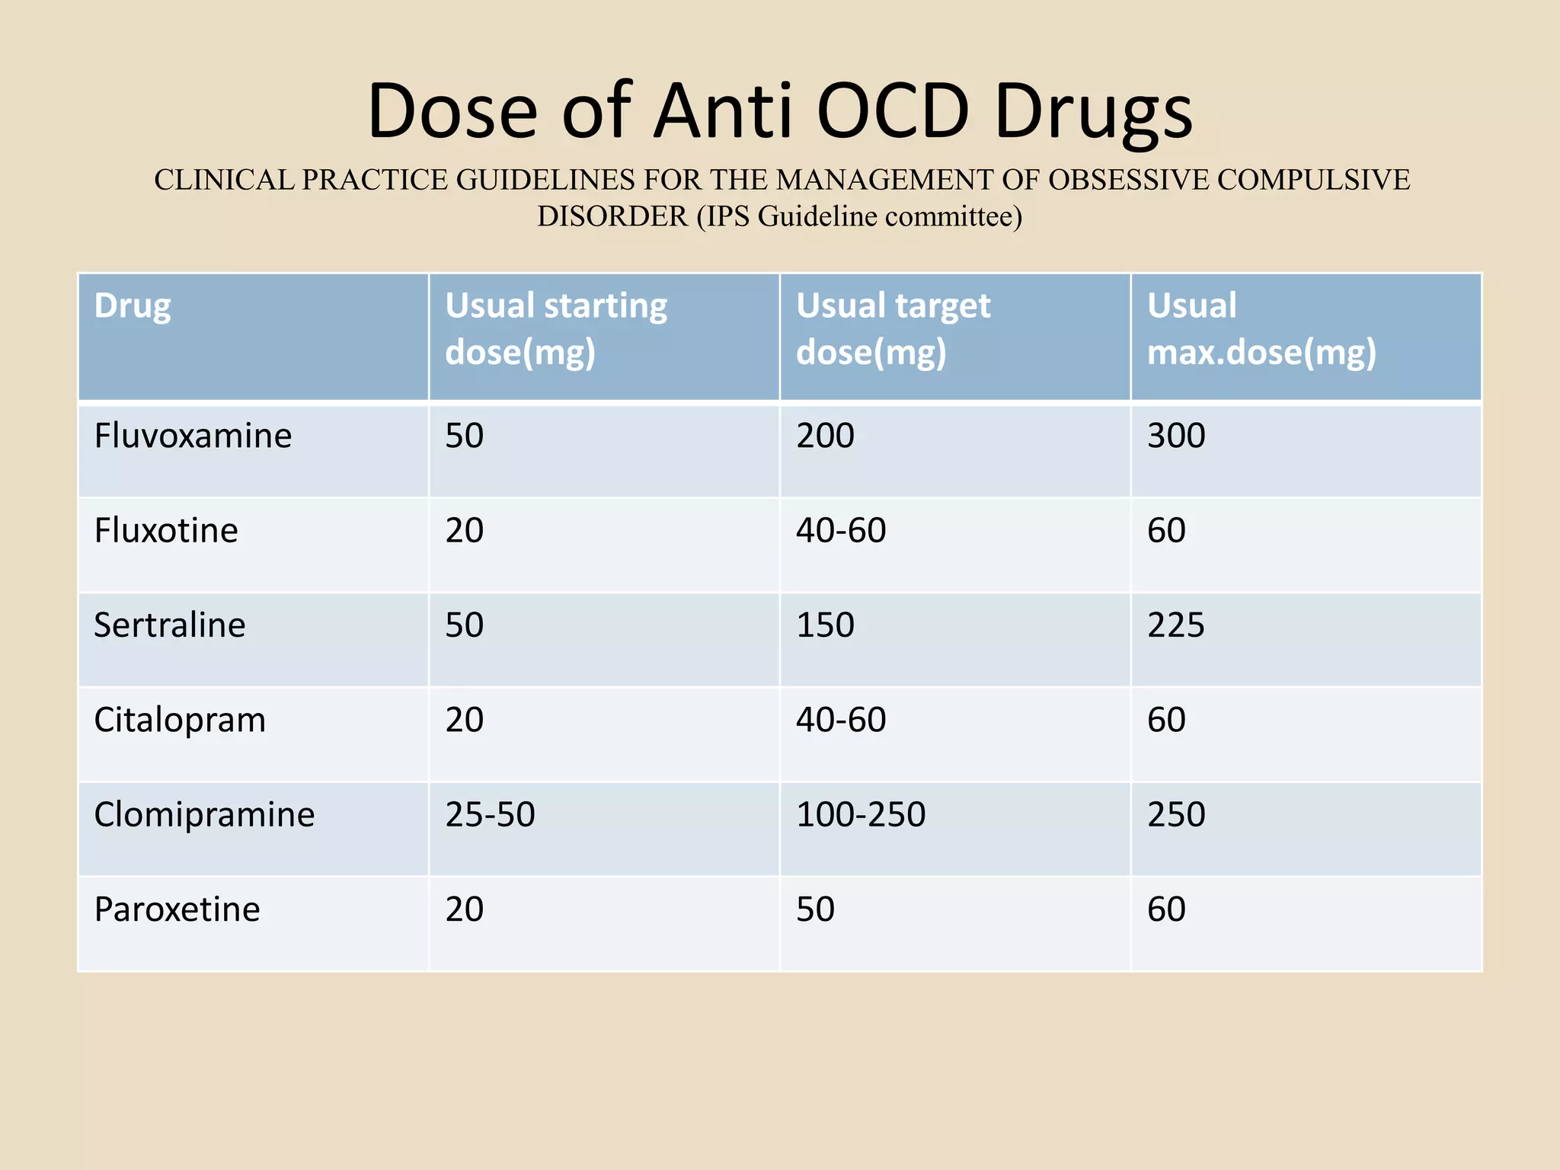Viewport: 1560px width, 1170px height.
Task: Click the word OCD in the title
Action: pyautogui.click(x=893, y=111)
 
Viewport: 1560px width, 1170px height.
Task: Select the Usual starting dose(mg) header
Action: pyautogui.click(x=555, y=329)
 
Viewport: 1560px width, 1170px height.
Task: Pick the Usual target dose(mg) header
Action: pyautogui.click(x=893, y=329)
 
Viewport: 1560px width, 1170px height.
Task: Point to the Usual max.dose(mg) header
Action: pyautogui.click(x=1261, y=329)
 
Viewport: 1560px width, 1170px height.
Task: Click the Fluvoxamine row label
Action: pyautogui.click(x=193, y=436)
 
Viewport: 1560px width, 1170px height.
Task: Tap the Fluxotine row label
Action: pyautogui.click(x=165, y=530)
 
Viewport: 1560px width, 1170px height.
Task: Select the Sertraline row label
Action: pyautogui.click(x=169, y=625)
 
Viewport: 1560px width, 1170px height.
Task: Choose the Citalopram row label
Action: pyautogui.click(x=180, y=720)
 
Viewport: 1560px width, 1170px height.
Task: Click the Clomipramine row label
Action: pyautogui.click(x=204, y=814)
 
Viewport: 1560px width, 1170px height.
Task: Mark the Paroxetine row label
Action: pyautogui.click(x=177, y=909)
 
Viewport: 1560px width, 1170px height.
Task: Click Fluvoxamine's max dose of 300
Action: pyautogui.click(x=1176, y=436)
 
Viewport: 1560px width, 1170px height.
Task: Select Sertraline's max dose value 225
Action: pyautogui.click(x=1176, y=625)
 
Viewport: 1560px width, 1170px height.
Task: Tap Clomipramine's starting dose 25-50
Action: pyautogui.click(x=490, y=814)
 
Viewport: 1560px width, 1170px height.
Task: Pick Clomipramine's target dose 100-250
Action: pyautogui.click(x=861, y=814)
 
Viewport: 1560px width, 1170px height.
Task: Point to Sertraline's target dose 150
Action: pyautogui.click(x=825, y=625)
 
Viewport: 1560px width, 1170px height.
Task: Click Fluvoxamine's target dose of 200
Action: pyautogui.click(x=825, y=436)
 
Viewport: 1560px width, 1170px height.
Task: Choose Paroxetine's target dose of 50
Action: pyautogui.click(x=815, y=909)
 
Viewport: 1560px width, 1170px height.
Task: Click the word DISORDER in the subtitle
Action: pyautogui.click(x=612, y=217)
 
